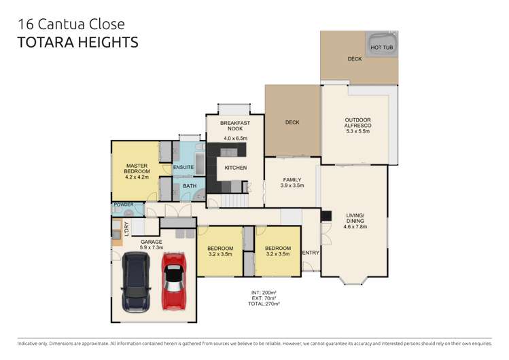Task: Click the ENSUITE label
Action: pos(183,167)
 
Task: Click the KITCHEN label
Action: pos(235,168)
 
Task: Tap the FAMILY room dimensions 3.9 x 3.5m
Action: pos(292,185)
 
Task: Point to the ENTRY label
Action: pos(310,253)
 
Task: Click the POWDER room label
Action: pos(124,204)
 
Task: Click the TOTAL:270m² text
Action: pos(264,304)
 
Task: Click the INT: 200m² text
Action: pos(264,293)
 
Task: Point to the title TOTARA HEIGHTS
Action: pos(78,42)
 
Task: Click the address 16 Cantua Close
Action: pos(71,24)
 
